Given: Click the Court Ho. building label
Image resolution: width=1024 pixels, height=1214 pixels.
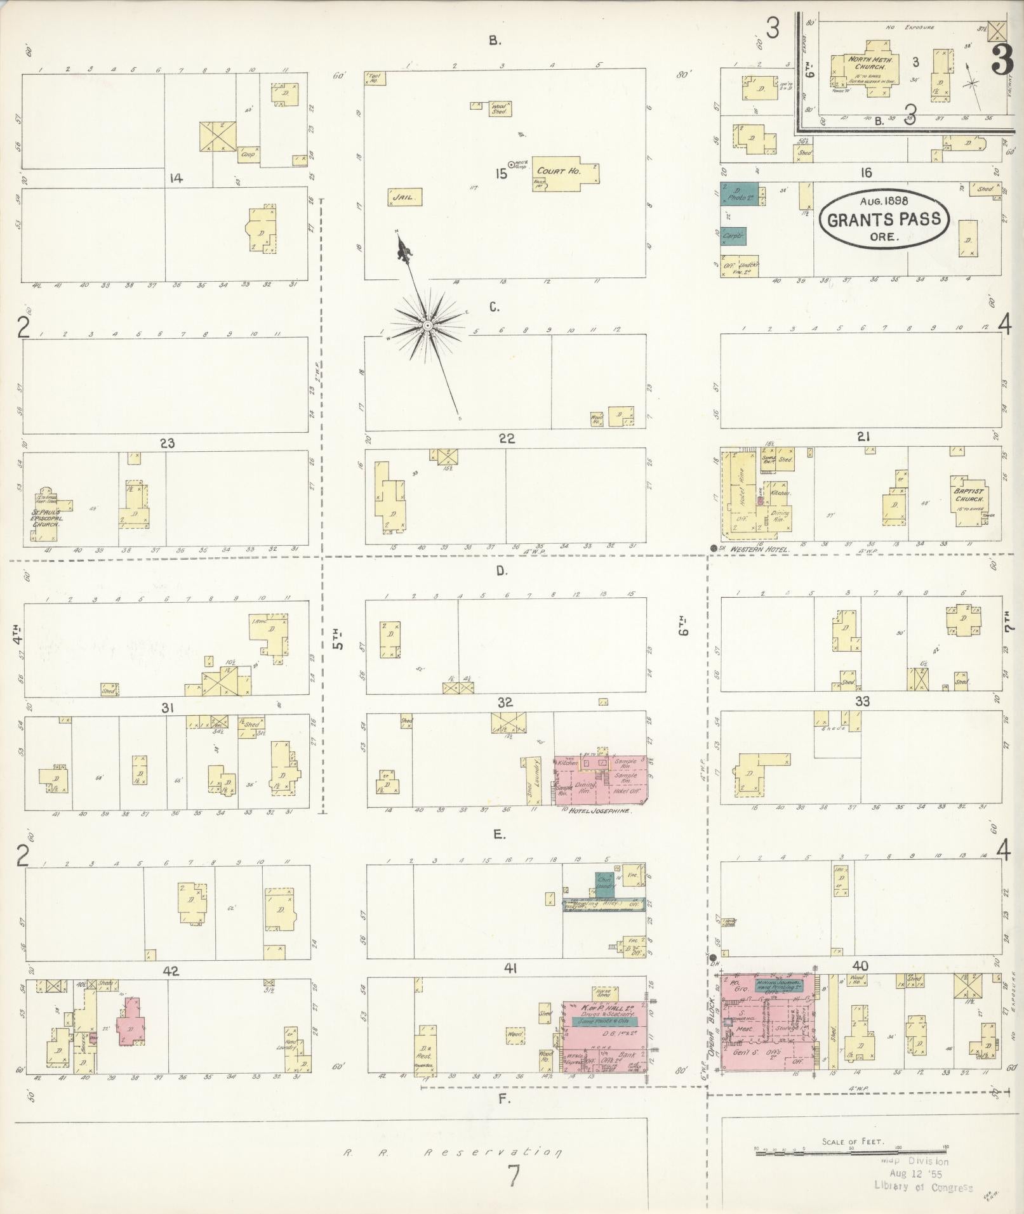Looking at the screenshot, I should [x=550, y=171].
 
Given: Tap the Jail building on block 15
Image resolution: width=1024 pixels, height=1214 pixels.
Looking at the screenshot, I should [x=405, y=197].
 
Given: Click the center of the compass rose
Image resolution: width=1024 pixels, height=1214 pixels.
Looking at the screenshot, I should [x=428, y=325].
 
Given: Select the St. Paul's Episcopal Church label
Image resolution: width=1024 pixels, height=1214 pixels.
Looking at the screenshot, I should [x=46, y=518].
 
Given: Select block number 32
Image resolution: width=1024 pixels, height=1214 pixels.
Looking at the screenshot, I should [x=505, y=703].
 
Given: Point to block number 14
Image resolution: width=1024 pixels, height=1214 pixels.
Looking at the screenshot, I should [x=176, y=178].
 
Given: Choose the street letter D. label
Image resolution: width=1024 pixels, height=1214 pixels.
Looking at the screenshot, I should [x=502, y=571].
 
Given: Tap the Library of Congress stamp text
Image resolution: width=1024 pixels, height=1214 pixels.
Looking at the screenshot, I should [x=923, y=1186].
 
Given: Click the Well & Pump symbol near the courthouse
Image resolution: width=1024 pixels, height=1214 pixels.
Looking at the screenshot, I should [x=512, y=164].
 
